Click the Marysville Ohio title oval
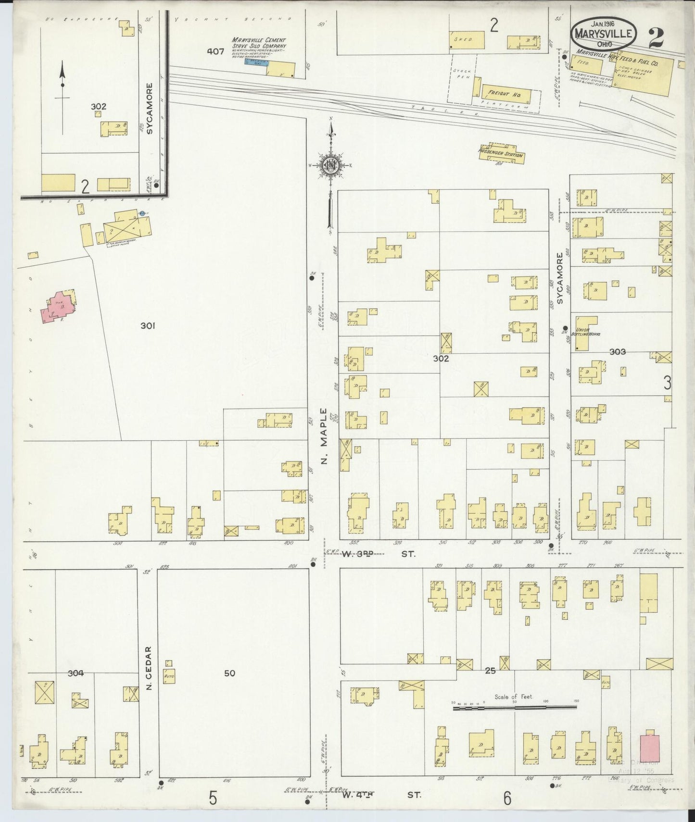[x=605, y=33]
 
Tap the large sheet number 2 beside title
[x=655, y=38]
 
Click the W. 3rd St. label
[x=379, y=554]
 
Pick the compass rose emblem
[x=331, y=166]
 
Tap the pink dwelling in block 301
[x=57, y=308]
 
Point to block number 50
[x=229, y=673]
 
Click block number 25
[x=490, y=671]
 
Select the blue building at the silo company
[x=256, y=62]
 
